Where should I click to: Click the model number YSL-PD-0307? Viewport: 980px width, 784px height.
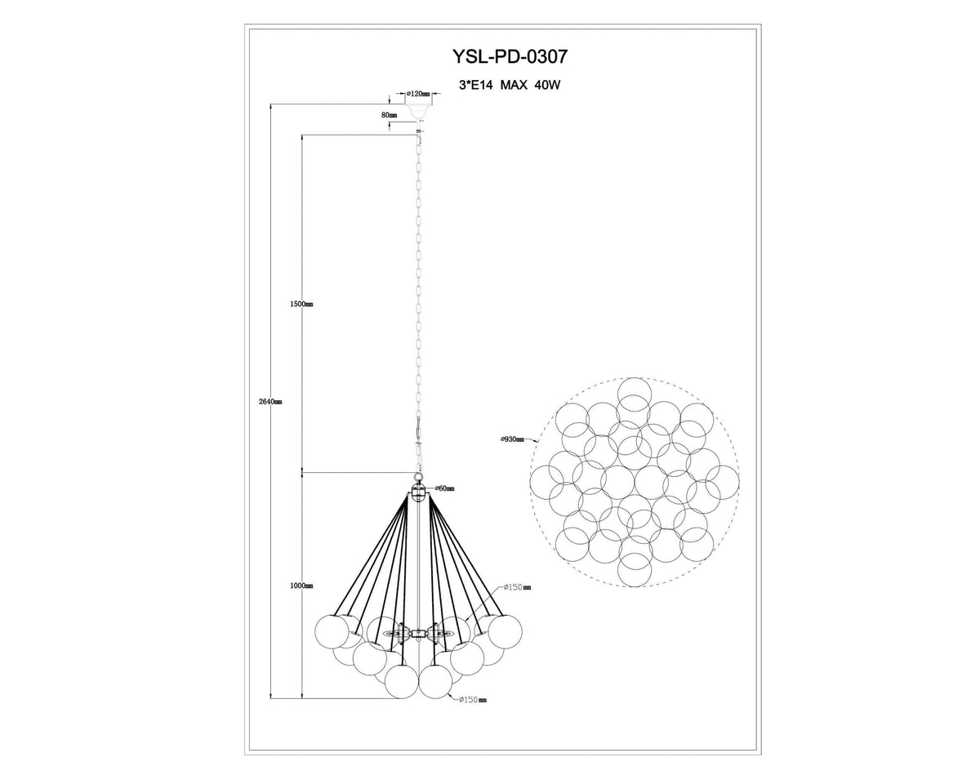510,56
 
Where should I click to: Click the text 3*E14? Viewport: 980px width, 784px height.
476,85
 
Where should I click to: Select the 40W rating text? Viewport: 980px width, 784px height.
547,85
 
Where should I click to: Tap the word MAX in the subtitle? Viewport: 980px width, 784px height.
514,85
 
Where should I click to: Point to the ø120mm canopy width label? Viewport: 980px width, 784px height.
418,94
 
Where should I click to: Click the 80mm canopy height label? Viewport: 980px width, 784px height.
389,115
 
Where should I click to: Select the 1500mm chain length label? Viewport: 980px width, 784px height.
301,305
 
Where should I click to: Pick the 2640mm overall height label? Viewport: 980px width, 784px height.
270,402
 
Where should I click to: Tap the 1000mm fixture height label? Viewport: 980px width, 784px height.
301,586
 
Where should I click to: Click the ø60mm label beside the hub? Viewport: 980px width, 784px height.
444,488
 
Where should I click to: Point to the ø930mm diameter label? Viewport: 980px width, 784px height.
513,439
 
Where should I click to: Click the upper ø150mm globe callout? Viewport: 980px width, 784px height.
517,587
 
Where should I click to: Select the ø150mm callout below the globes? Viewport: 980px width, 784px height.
473,712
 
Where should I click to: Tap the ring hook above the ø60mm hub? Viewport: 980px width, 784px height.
418,478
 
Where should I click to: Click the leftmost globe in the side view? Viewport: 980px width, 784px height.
332,632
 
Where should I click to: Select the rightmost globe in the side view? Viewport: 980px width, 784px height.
505,632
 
